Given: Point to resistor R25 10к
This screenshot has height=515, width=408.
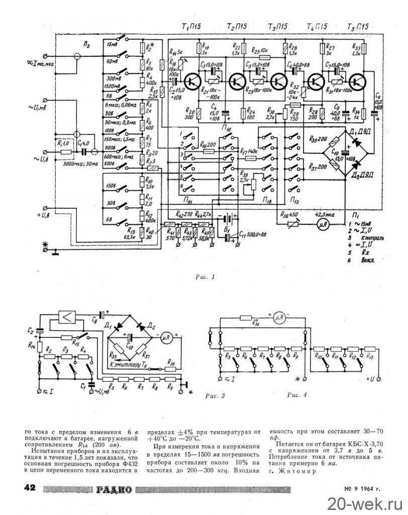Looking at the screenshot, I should pos(260,56).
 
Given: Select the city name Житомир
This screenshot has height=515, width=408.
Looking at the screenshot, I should pos(296,472).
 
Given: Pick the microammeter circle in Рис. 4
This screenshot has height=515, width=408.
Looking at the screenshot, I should pos(277,317).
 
